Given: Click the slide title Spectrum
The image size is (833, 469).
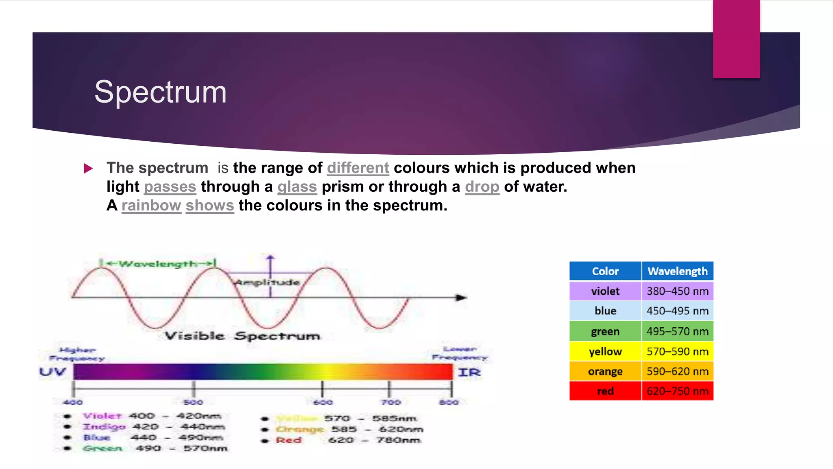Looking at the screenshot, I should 160,92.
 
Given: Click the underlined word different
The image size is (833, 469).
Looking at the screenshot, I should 358,168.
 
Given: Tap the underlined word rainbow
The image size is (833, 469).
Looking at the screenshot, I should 151,206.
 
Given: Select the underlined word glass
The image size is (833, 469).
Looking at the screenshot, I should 297,187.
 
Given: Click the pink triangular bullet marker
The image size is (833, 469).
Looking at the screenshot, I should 88,169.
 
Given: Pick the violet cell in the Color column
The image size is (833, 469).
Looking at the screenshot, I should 605,291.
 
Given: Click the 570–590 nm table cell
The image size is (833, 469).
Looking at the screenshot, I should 677,351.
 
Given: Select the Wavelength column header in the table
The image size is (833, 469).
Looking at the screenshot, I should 677,271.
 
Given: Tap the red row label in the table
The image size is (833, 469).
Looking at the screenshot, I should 605,391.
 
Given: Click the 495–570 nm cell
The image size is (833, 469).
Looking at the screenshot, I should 677,331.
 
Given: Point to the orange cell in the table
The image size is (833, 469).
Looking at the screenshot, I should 605,371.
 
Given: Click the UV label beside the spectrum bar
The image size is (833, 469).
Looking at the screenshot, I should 52,372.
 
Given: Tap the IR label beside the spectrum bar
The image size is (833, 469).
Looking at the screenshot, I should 469,372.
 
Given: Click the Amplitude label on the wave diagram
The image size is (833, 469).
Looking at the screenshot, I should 267,282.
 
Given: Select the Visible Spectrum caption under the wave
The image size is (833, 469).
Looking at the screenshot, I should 242,336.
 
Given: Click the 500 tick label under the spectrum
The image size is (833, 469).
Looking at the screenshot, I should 193,402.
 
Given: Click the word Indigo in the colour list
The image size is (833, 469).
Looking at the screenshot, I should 104,427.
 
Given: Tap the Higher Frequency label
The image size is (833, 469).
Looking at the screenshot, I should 77,354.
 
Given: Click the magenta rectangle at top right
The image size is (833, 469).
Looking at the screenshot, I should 736,39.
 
